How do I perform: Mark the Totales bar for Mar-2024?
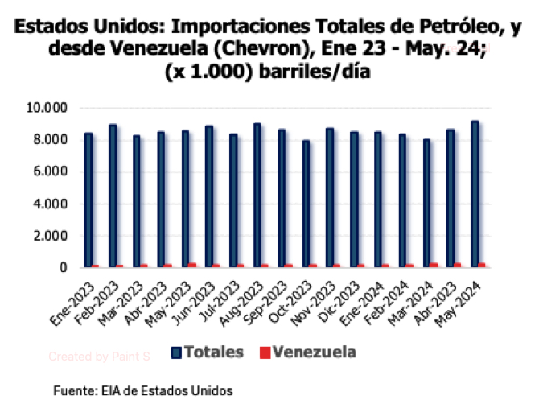click(426, 203)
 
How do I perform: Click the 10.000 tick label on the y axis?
click(51, 108)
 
